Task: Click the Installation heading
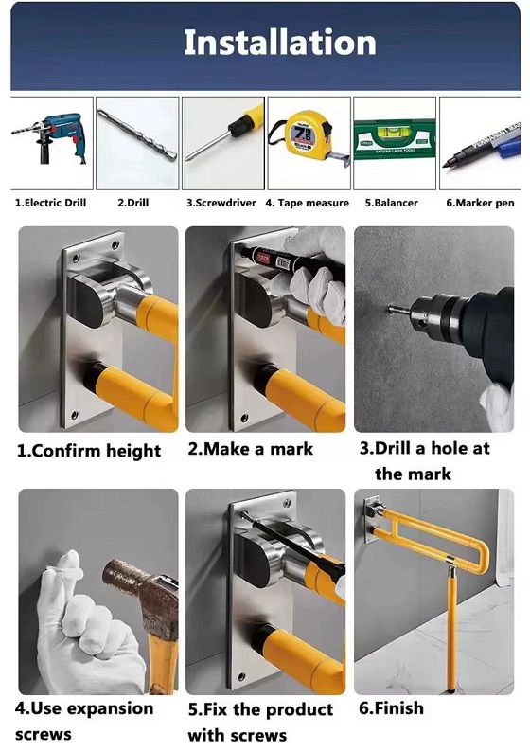click(x=280, y=43)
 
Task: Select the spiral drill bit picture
click(x=137, y=134)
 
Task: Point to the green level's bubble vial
click(x=395, y=129)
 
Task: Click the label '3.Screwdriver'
click(x=221, y=203)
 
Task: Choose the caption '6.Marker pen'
click(x=480, y=203)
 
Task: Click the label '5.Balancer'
click(x=391, y=203)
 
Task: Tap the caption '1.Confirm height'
click(x=89, y=452)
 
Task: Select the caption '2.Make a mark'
click(x=250, y=449)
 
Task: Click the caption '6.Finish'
click(x=391, y=707)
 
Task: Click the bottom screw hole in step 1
click(x=74, y=415)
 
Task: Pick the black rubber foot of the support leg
click(x=450, y=690)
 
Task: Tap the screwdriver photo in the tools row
click(x=223, y=134)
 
